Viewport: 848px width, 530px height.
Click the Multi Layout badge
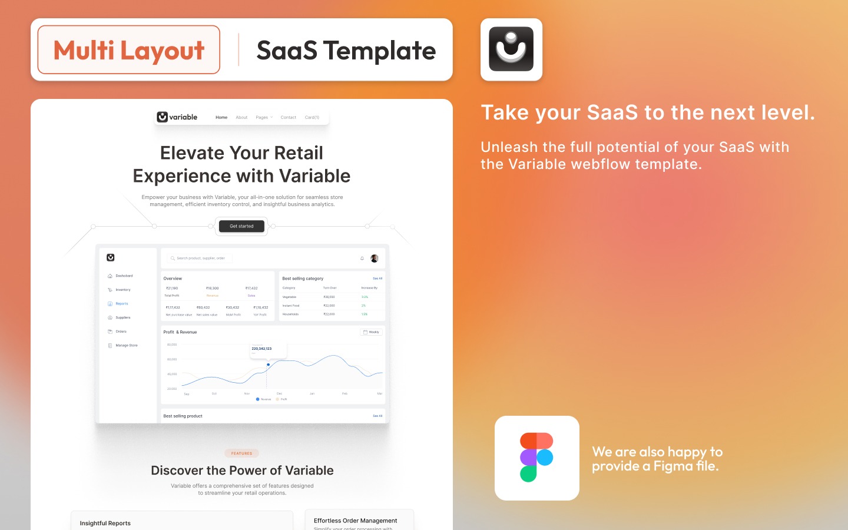pyautogui.click(x=129, y=50)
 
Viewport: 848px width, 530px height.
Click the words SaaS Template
pyautogui.click(x=346, y=51)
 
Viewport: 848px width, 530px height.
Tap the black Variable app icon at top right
pyautogui.click(x=511, y=49)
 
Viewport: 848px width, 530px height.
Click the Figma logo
pyautogui.click(x=536, y=458)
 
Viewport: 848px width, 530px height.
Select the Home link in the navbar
pyautogui.click(x=221, y=118)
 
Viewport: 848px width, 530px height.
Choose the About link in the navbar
pyautogui.click(x=241, y=118)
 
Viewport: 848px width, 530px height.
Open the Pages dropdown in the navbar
pyautogui.click(x=264, y=118)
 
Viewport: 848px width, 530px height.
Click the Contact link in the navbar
pyautogui.click(x=289, y=118)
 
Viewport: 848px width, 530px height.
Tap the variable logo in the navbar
pyautogui.click(x=177, y=117)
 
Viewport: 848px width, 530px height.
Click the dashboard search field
pyautogui.click(x=200, y=258)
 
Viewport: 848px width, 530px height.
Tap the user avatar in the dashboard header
pyautogui.click(x=375, y=259)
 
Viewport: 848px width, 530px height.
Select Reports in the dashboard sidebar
pyautogui.click(x=121, y=304)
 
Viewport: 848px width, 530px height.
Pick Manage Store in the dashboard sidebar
pyautogui.click(x=126, y=346)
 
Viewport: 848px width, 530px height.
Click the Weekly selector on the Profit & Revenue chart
pyautogui.click(x=372, y=332)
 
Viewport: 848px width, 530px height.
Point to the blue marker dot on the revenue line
pyautogui.click(x=268, y=365)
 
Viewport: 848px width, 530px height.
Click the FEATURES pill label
pyautogui.click(x=241, y=453)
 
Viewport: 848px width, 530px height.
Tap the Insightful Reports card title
pyautogui.click(x=105, y=523)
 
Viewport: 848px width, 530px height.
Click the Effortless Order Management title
pyautogui.click(x=355, y=521)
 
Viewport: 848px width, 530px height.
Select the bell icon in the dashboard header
pyautogui.click(x=362, y=258)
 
